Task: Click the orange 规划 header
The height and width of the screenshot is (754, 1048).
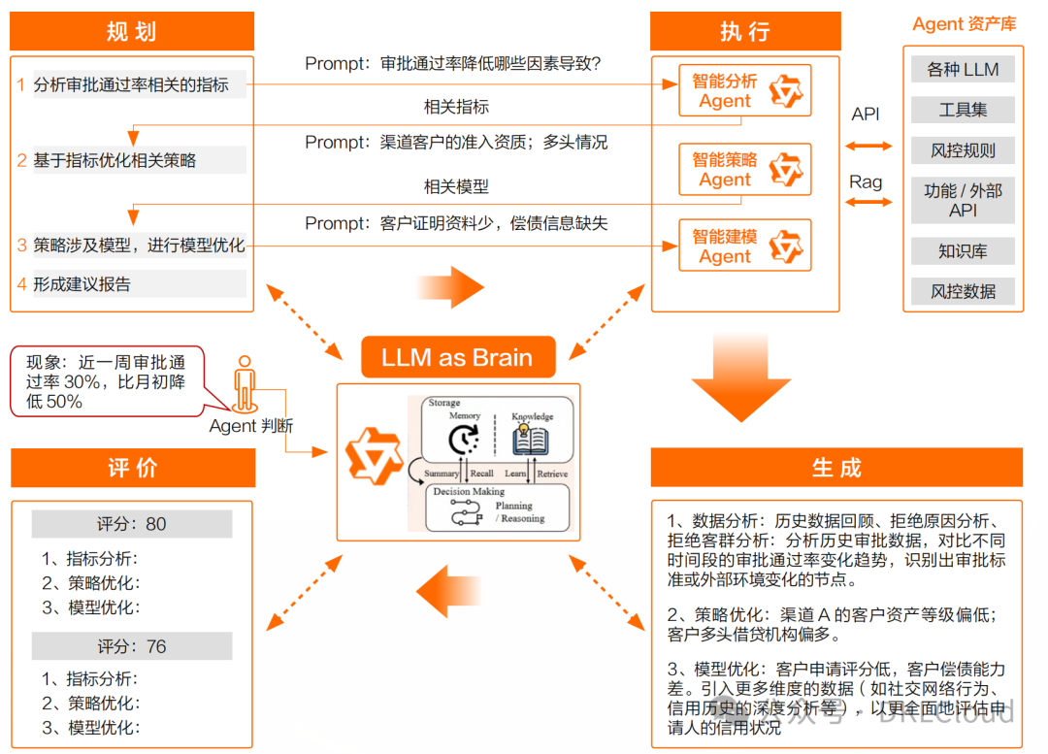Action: click(x=132, y=32)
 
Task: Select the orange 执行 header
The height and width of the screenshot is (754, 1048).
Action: click(x=744, y=32)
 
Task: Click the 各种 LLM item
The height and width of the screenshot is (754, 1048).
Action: click(x=963, y=70)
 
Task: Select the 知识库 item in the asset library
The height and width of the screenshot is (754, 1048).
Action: click(x=963, y=251)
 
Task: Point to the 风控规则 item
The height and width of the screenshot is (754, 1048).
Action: click(x=963, y=150)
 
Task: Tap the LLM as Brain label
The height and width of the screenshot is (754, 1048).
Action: click(x=457, y=357)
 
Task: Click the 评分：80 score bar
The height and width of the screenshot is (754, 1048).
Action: click(x=132, y=524)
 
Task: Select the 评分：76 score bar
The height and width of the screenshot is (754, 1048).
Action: click(x=132, y=646)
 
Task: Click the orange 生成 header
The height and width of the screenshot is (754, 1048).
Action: click(x=836, y=468)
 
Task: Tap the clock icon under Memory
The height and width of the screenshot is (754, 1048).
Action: click(x=463, y=442)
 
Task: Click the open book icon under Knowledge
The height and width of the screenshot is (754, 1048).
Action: click(x=531, y=441)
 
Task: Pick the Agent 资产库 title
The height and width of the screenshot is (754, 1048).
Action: click(x=965, y=24)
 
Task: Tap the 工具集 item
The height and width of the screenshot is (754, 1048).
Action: click(x=963, y=110)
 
